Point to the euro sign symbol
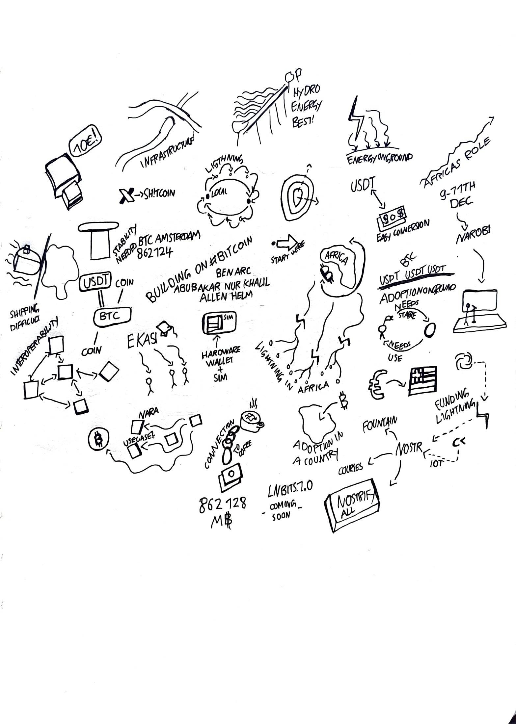(376, 383)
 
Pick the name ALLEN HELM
(226, 295)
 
